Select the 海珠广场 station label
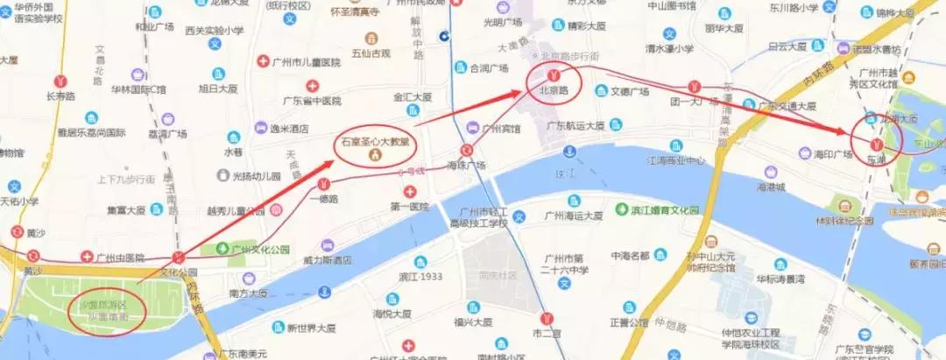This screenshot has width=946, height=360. tap(466, 165)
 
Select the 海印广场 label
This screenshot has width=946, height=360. tap(831, 155)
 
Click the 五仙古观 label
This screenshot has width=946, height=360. tap(371, 53)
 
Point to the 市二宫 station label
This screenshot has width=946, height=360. tap(546, 334)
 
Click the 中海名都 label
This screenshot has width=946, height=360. tap(629, 255)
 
